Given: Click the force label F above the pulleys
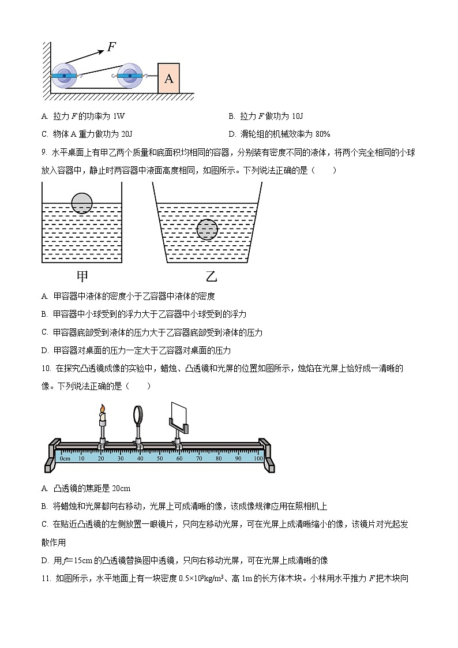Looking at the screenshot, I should click(112, 47).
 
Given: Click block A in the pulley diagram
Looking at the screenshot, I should click(168, 78).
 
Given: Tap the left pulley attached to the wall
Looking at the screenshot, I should click(63, 76).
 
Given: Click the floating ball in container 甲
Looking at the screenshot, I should click(82, 203).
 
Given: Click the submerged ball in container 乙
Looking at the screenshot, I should click(207, 229).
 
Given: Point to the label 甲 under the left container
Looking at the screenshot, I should click(83, 276).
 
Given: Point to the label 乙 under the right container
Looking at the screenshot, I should click(211, 276).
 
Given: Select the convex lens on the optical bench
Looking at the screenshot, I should click(139, 415).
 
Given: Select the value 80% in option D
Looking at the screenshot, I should click(321, 134).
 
